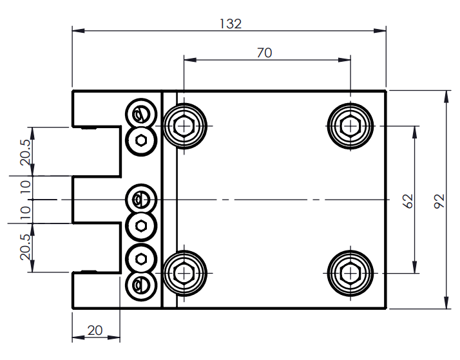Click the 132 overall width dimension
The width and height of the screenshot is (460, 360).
230,24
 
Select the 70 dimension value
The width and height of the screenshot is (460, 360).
264,53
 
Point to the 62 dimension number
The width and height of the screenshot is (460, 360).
407,200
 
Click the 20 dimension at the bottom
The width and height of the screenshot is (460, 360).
95,330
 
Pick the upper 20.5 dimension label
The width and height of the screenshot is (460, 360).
24,152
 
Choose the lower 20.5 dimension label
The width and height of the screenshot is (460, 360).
24,247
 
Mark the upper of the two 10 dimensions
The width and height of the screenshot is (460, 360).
24,187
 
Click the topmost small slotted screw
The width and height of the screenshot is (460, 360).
140,114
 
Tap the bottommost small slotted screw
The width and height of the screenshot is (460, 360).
140,284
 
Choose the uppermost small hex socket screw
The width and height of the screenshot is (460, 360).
140,140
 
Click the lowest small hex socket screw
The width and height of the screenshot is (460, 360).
140,259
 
